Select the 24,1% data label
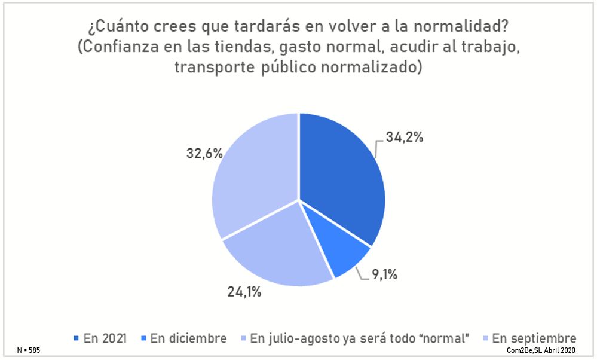244,293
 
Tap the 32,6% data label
204,153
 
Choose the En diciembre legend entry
188,338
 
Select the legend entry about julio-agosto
358,338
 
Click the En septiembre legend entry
534,338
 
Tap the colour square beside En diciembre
145,339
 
